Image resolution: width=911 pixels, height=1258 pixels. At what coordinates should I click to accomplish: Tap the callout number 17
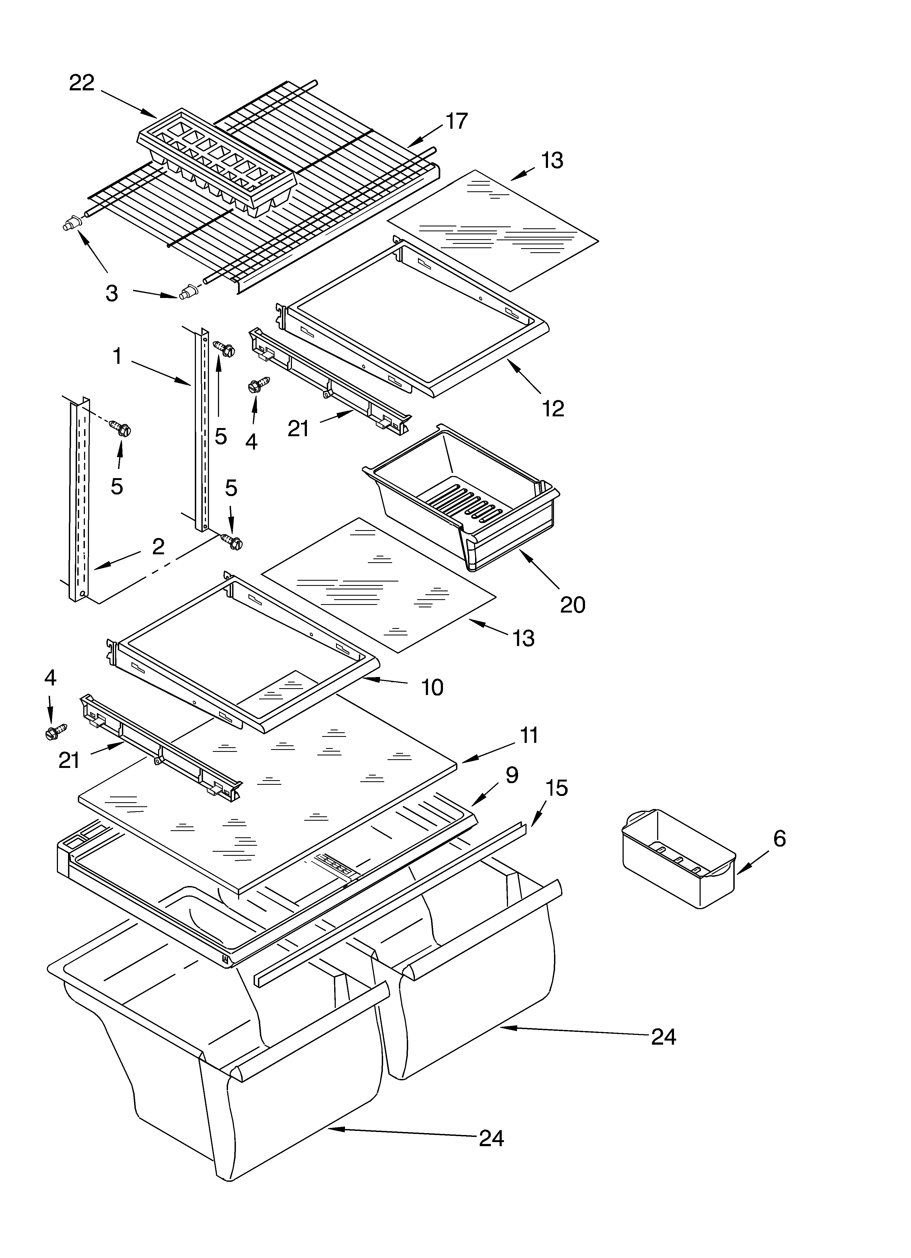457,121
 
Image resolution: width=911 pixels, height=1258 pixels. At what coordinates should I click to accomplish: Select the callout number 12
553,409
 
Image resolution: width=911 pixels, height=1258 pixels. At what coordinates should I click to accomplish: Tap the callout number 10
432,688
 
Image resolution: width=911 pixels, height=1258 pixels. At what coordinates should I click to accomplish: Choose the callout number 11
529,736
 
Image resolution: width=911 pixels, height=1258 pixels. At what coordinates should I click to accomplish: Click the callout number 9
512,775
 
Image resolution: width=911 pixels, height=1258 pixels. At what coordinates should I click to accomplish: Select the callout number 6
779,839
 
